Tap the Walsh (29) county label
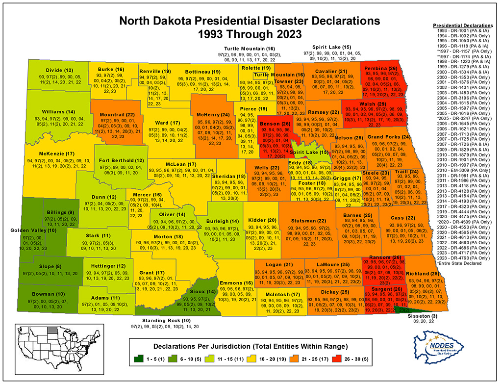pyautogui.click(x=375, y=103)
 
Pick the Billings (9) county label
pyautogui.click(x=60, y=212)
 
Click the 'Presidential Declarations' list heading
pyautogui.click(x=462, y=25)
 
